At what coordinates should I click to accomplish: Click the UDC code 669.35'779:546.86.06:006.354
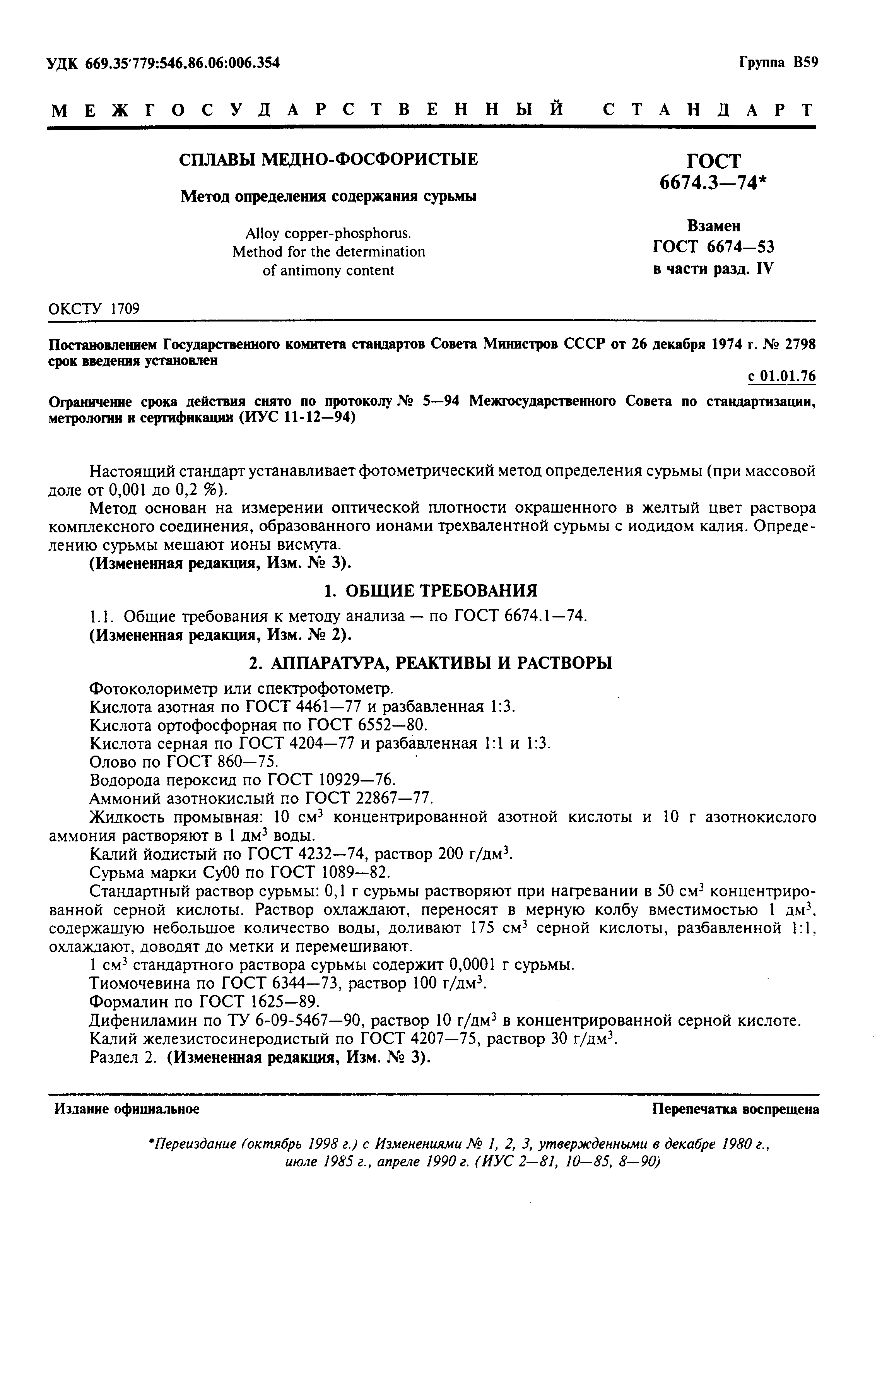[x=182, y=63]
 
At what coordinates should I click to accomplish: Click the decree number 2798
[x=800, y=344]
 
